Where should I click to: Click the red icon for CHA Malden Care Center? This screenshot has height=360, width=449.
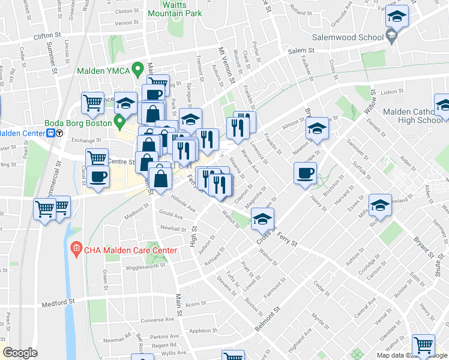click(x=76, y=247)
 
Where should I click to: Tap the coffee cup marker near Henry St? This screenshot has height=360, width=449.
click(x=305, y=173)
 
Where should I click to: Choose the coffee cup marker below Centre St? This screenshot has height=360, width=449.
click(x=98, y=176)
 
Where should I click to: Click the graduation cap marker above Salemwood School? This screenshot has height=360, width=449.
click(x=397, y=16)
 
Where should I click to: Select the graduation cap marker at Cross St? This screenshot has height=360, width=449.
click(x=263, y=220)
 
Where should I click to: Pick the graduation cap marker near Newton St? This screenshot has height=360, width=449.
click(x=317, y=128)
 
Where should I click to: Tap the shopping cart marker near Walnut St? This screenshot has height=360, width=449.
click(x=424, y=345)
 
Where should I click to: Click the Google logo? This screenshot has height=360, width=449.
click(x=20, y=353)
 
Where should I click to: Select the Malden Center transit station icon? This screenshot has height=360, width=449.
click(x=52, y=133)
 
